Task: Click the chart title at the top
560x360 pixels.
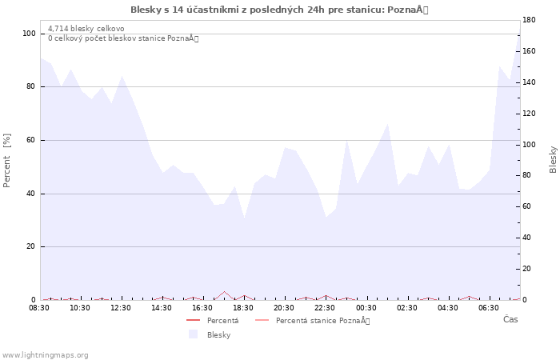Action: tap(280, 10)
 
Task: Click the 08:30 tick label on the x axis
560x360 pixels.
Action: tap(39, 308)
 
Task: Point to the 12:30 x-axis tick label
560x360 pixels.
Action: tap(121, 308)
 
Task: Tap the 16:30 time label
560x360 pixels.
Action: tap(202, 308)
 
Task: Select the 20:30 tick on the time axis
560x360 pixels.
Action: tap(284, 308)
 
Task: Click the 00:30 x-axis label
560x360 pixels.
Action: tap(366, 308)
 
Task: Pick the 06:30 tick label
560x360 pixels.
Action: tap(489, 308)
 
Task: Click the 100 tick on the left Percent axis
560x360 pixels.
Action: tap(29, 34)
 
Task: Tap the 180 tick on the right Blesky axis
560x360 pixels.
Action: tap(530, 19)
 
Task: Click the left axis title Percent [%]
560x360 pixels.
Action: tap(7, 160)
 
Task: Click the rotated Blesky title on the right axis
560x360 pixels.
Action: tap(553, 159)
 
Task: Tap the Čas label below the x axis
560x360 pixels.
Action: tap(510, 320)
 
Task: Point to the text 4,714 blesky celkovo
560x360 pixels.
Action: tap(86, 29)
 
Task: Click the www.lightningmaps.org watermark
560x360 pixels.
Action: tap(45, 355)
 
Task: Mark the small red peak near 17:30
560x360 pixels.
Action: tap(225, 292)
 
